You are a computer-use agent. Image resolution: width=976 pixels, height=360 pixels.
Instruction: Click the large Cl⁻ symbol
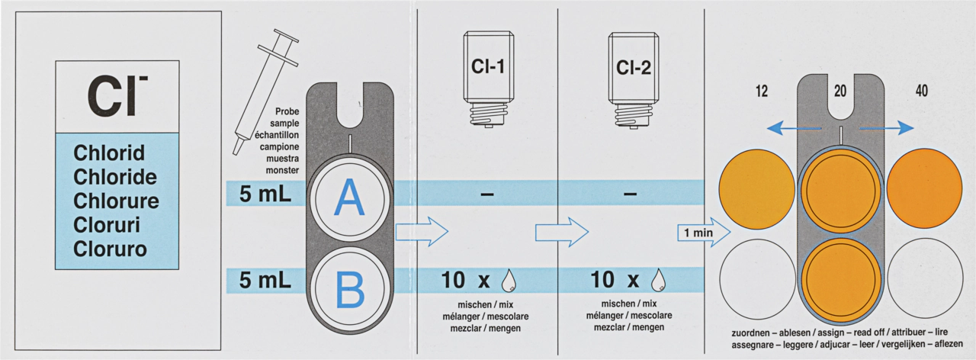click(x=117, y=96)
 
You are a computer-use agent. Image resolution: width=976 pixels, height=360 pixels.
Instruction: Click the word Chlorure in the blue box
click(x=116, y=201)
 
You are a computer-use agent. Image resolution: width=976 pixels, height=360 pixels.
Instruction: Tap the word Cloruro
click(x=110, y=249)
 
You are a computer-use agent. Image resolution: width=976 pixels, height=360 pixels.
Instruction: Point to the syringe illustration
click(x=265, y=92)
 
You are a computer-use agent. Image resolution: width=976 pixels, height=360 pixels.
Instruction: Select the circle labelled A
click(x=349, y=198)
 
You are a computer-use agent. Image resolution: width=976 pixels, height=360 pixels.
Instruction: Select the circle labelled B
click(x=349, y=288)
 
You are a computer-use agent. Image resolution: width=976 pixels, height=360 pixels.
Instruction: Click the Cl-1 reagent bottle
click(x=488, y=79)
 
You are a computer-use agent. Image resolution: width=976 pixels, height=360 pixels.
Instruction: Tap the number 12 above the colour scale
click(x=762, y=92)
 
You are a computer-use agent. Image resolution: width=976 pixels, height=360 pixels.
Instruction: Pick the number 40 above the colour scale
click(x=922, y=91)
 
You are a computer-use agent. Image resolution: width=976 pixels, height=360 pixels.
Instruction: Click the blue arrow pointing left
click(x=794, y=129)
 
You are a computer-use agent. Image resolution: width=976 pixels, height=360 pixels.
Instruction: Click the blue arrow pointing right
click(x=886, y=128)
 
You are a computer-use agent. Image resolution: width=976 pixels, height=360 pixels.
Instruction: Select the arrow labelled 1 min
click(x=704, y=233)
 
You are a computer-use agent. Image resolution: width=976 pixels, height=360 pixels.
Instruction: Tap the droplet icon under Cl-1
click(x=508, y=280)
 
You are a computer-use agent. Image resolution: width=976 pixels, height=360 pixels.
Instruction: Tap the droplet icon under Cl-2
click(x=658, y=280)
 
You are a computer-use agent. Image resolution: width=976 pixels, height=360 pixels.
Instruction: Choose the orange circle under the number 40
click(x=924, y=188)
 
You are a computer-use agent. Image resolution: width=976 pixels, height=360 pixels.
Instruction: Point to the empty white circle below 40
click(x=925, y=278)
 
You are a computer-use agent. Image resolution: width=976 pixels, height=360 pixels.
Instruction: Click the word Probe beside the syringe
click(x=287, y=111)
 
